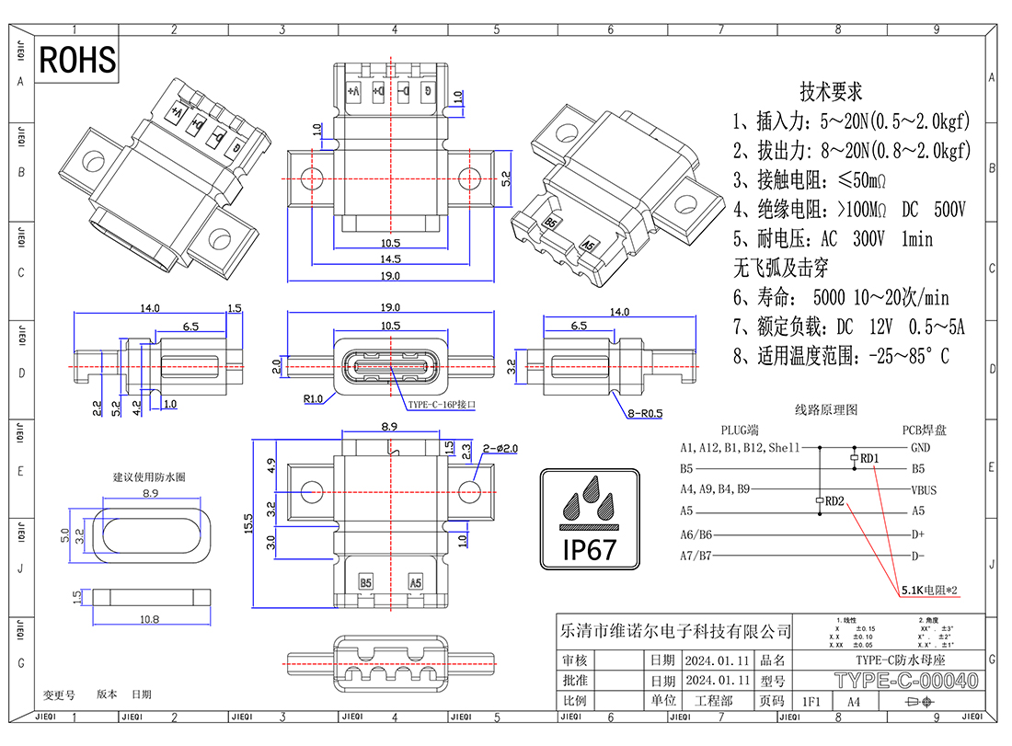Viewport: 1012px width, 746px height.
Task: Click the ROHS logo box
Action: pyautogui.click(x=78, y=60)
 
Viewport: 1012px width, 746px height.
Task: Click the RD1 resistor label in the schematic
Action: pyautogui.click(x=869, y=457)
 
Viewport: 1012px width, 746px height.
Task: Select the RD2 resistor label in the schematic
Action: pyautogui.click(x=835, y=501)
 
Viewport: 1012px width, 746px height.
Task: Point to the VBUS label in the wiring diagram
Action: pyautogui.click(x=923, y=490)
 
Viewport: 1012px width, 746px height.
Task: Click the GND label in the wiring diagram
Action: pyautogui.click(x=920, y=448)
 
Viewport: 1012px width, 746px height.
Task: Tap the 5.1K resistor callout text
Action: pyautogui.click(x=929, y=590)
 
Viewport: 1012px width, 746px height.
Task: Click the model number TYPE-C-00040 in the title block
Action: pyautogui.click(x=905, y=682)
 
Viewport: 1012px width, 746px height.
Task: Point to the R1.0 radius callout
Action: pyautogui.click(x=313, y=399)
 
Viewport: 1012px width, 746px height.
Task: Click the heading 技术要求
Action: pyautogui.click(x=831, y=92)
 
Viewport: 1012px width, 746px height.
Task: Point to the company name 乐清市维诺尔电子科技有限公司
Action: pyautogui.click(x=675, y=632)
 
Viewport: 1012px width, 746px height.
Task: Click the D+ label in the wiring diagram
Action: pyautogui.click(x=917, y=534)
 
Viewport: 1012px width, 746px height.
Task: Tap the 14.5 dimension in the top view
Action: pyautogui.click(x=391, y=260)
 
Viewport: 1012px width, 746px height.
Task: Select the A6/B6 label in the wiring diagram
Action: pyautogui.click(x=696, y=534)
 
